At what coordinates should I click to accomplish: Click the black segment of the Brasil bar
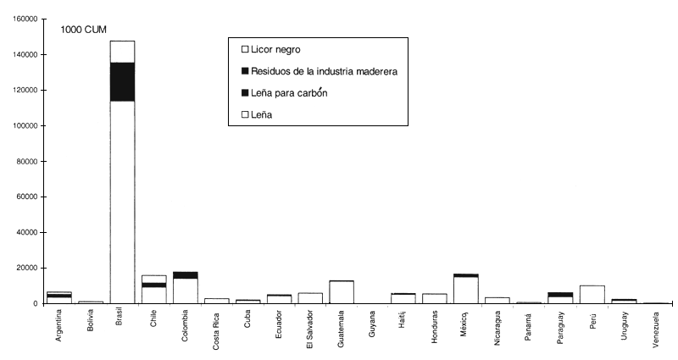pyautogui.click(x=122, y=81)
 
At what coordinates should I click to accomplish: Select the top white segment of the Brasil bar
pyautogui.click(x=122, y=52)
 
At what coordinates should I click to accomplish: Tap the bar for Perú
pyautogui.click(x=592, y=294)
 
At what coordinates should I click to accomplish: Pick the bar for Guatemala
pyautogui.click(x=341, y=291)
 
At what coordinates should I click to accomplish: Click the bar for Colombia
pyautogui.click(x=185, y=287)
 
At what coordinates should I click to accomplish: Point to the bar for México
pyautogui.click(x=466, y=288)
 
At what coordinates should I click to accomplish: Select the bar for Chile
pyautogui.click(x=153, y=289)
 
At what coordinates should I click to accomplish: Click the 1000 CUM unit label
pyautogui.click(x=83, y=30)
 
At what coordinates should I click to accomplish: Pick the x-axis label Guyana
pyautogui.click(x=372, y=326)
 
